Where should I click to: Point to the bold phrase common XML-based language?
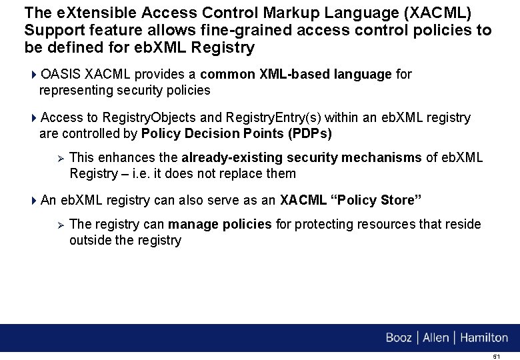[x=296, y=74]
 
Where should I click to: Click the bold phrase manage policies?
[x=220, y=224]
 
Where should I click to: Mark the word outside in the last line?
[x=90, y=240]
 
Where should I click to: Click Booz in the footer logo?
[x=399, y=338]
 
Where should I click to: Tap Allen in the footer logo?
[x=436, y=338]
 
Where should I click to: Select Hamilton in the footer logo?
[x=483, y=338]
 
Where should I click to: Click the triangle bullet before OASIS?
[x=35, y=75]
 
